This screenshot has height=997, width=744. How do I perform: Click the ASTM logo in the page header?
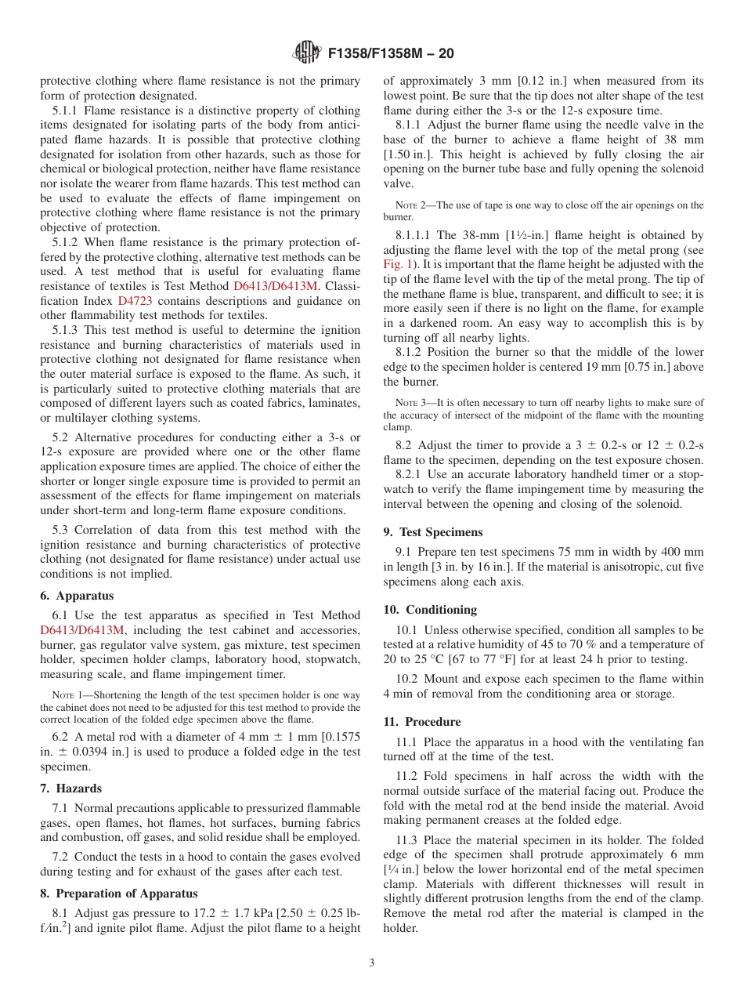click(306, 53)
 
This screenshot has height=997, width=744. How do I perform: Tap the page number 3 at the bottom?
click(372, 963)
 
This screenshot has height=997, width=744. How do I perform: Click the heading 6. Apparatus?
click(77, 596)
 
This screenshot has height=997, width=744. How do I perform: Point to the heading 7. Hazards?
click(70, 789)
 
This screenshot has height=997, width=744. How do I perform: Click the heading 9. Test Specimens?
click(433, 532)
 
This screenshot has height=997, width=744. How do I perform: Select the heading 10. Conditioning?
click(430, 609)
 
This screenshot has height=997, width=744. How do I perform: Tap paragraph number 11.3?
click(407, 840)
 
